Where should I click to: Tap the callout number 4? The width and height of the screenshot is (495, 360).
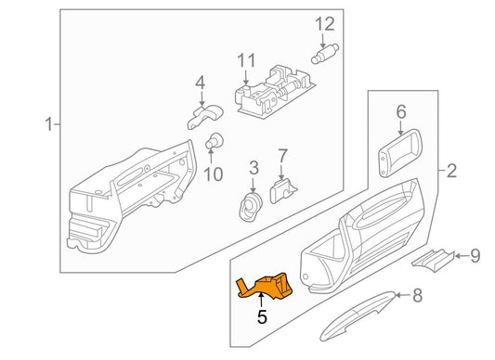point(200,85)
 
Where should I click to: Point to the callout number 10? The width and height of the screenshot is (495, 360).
point(213,174)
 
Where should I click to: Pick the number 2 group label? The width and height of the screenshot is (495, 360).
point(451,171)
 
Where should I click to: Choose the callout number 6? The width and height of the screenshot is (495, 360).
point(401,112)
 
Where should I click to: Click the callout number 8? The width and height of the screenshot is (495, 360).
point(417,297)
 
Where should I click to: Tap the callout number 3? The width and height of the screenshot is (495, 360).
point(252,168)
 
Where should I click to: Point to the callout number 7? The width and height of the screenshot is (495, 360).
point(283,155)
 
